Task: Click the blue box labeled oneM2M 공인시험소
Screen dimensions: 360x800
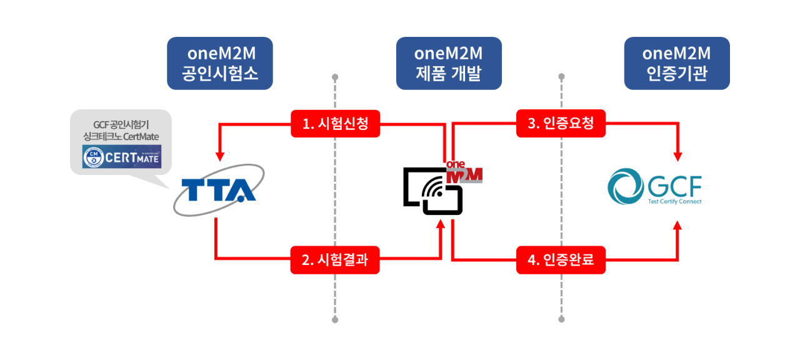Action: tap(219, 64)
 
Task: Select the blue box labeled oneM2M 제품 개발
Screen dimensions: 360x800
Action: tap(448, 64)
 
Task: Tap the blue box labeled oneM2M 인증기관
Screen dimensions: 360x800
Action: tap(677, 64)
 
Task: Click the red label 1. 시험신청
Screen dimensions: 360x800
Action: tap(335, 124)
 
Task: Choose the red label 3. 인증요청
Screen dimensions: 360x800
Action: tap(561, 124)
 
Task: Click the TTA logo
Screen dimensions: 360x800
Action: tap(218, 190)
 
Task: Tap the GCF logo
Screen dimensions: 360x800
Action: tap(655, 186)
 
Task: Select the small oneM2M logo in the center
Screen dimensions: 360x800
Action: tap(464, 172)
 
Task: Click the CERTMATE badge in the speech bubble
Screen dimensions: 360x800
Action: tap(122, 156)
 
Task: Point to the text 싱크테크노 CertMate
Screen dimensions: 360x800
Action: tap(121, 135)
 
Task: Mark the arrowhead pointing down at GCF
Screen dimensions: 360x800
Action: tap(677, 156)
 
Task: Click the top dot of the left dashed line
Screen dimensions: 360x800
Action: tap(335, 77)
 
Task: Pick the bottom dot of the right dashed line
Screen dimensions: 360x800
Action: tap(561, 319)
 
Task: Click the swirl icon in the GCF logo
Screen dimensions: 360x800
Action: tap(626, 186)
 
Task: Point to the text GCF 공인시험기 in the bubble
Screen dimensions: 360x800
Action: tap(121, 124)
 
